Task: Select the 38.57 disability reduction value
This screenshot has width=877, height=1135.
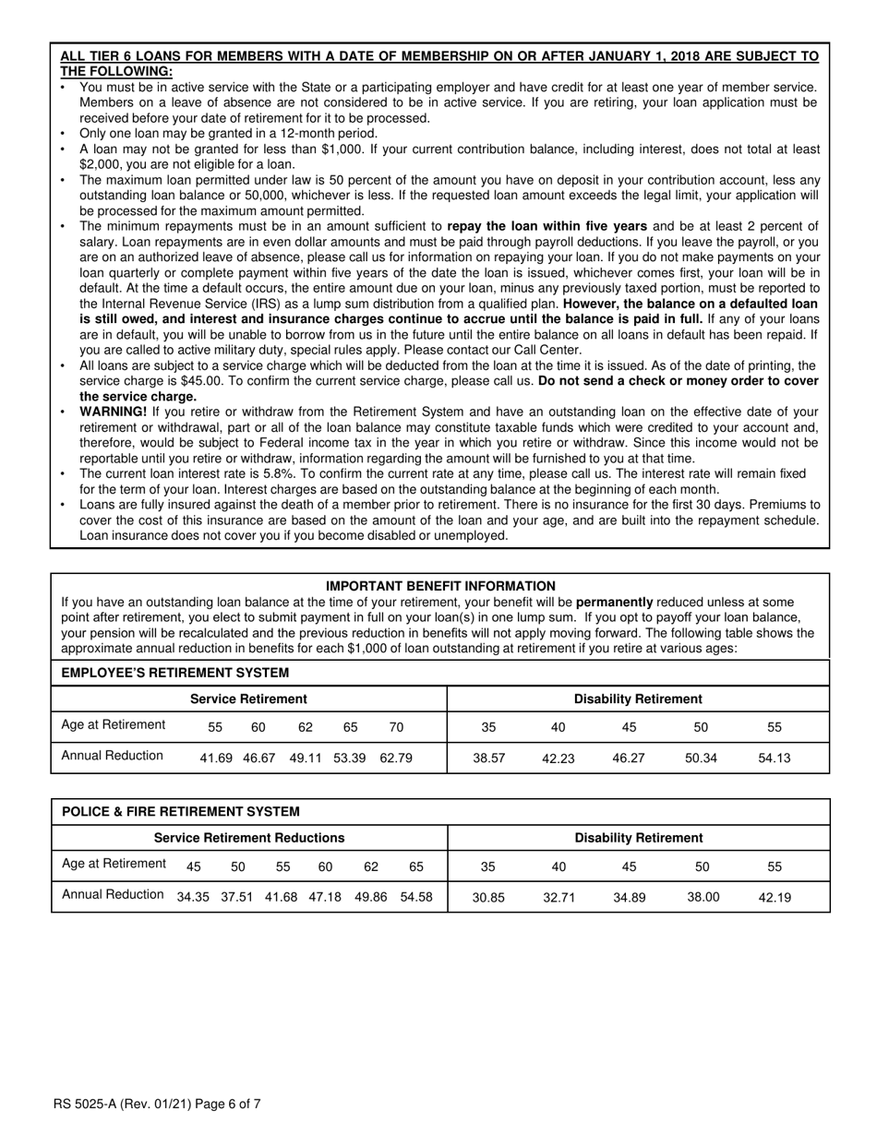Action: pyautogui.click(x=488, y=758)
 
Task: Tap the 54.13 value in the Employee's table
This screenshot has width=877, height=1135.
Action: pyautogui.click(x=774, y=758)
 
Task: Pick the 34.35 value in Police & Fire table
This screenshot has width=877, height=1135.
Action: pyautogui.click(x=193, y=896)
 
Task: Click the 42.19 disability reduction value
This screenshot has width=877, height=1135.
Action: pyautogui.click(x=774, y=897)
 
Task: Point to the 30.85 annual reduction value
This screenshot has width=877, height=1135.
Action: pyautogui.click(x=488, y=897)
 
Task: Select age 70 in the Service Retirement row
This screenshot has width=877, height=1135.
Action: pyautogui.click(x=396, y=727)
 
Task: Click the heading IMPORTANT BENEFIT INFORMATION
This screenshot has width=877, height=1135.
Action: pyautogui.click(x=440, y=586)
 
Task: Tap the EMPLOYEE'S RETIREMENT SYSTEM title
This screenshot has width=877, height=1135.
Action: pyautogui.click(x=174, y=673)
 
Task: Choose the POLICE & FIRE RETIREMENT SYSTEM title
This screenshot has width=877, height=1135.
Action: pyautogui.click(x=180, y=811)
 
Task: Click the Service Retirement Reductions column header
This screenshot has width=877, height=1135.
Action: pyautogui.click(x=248, y=838)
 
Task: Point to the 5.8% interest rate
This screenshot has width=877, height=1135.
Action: pyautogui.click(x=284, y=473)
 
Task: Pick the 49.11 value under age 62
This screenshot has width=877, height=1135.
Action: pyautogui.click(x=305, y=758)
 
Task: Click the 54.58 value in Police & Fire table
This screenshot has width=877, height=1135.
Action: pyautogui.click(x=415, y=896)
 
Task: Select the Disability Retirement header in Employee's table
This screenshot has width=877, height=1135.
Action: pyautogui.click(x=638, y=699)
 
